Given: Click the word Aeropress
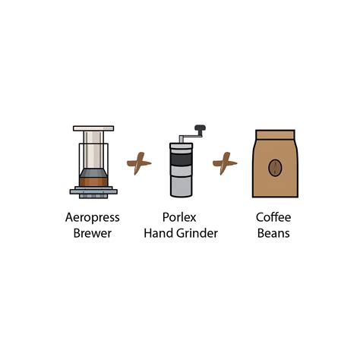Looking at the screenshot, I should (x=93, y=217).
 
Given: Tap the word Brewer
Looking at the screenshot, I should (x=93, y=233).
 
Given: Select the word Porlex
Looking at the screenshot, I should (x=180, y=217).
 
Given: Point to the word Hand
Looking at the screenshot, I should (x=157, y=233).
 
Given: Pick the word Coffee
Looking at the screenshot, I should (x=273, y=217).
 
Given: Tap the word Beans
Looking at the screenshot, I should (x=273, y=233).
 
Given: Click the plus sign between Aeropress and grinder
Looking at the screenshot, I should (x=137, y=163).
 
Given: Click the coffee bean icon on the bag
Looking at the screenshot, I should (x=275, y=167).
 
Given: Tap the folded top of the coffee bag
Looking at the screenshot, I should (x=275, y=135).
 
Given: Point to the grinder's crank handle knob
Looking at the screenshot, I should (x=200, y=128).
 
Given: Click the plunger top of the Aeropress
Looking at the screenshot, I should (x=93, y=128).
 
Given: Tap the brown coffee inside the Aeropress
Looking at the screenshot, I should (x=93, y=180).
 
